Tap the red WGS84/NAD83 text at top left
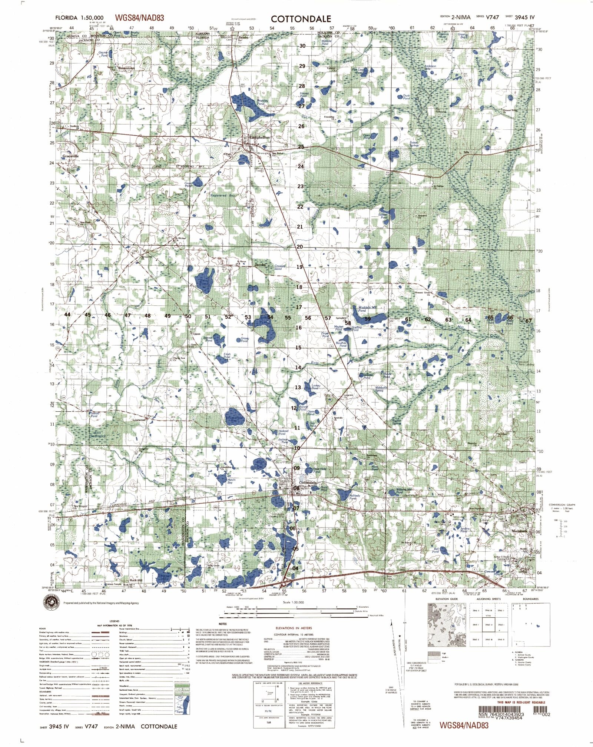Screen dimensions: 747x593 point(139,18)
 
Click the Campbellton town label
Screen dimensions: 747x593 point(260,137)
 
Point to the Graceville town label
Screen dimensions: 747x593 point(70,156)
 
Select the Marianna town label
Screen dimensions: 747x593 point(519,531)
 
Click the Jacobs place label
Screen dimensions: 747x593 point(260,265)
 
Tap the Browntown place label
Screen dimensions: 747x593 point(127,69)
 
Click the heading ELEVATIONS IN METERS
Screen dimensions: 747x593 point(294,628)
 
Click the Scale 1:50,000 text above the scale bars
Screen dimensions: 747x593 point(293,602)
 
